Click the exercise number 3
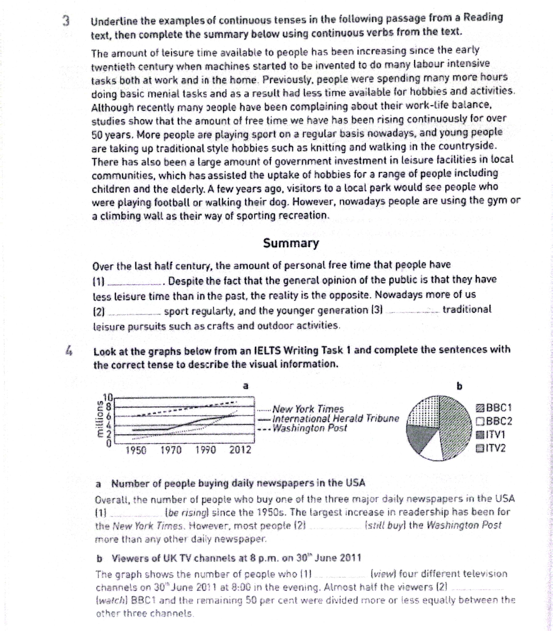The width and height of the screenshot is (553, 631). click(x=66, y=21)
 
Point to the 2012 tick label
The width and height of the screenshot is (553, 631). click(x=240, y=450)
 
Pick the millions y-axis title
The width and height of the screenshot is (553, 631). click(x=99, y=420)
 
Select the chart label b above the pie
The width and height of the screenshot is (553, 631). click(x=459, y=386)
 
